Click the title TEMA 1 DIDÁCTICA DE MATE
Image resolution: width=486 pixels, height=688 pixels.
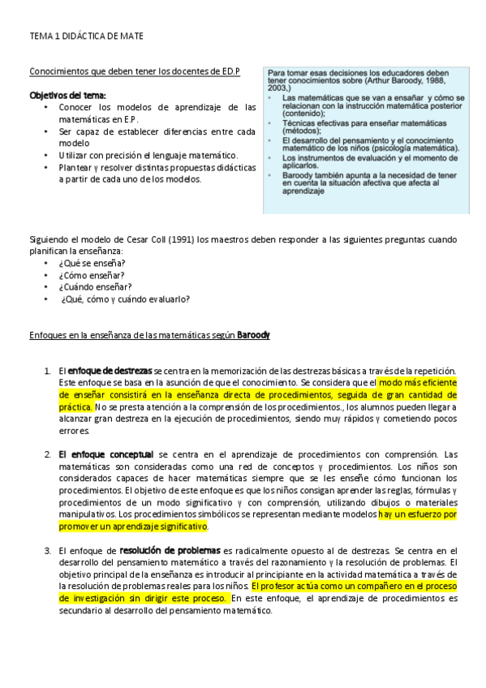87,37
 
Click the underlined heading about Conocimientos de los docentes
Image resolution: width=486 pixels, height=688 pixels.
135,71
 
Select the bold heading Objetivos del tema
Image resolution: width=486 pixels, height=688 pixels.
62,95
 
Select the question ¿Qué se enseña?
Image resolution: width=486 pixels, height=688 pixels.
92,263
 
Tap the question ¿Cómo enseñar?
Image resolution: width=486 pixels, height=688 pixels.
92,275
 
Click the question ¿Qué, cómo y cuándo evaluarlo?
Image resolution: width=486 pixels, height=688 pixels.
126,299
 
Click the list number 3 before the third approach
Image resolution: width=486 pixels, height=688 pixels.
47,551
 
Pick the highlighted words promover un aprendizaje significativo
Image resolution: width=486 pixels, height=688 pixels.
133,527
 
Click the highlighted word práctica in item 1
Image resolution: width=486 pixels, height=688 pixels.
75,406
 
